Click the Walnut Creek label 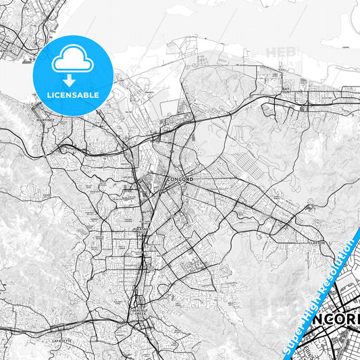click(x=140, y=313)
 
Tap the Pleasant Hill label click(x=141, y=230)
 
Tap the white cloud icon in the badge click(x=72, y=59)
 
